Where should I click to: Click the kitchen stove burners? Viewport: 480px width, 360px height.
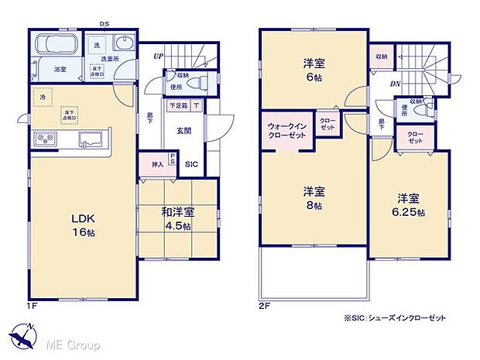click(x=45, y=139)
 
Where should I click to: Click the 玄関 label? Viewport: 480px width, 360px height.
click(x=184, y=130)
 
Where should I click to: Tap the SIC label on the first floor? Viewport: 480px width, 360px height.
click(x=191, y=164)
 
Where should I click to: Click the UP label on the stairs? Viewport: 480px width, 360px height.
click(x=159, y=57)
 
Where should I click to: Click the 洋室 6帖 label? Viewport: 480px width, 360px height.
click(x=312, y=71)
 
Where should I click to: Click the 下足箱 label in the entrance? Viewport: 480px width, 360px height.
click(x=179, y=105)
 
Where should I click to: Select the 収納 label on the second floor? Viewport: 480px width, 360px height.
click(x=382, y=57)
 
